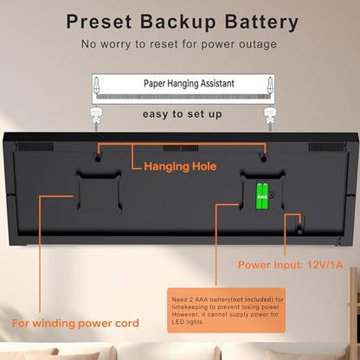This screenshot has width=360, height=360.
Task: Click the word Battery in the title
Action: (261, 22)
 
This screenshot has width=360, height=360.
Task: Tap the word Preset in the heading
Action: (99, 22)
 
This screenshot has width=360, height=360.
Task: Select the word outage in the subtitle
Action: (258, 44)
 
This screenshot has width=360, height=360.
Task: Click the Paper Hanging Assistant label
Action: (189, 83)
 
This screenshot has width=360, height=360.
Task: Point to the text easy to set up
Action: (183, 114)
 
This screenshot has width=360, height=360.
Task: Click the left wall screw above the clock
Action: (96, 117)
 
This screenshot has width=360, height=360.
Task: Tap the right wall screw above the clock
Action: (270, 117)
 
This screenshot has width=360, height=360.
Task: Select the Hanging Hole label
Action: (180, 166)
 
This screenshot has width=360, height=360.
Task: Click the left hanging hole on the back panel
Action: (98, 158)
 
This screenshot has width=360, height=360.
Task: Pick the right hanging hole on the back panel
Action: (263, 158)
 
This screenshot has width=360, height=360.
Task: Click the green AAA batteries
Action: (262, 196)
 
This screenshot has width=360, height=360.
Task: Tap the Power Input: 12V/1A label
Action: (291, 265)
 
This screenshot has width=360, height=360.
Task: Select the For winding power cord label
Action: (75, 323)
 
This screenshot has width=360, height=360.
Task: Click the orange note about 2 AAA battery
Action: (227, 311)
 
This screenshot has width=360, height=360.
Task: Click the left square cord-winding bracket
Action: (99, 192)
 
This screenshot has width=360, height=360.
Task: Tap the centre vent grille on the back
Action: (181, 148)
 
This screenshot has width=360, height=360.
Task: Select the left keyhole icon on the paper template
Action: (97, 85)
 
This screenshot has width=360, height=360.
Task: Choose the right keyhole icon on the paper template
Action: (270, 85)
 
